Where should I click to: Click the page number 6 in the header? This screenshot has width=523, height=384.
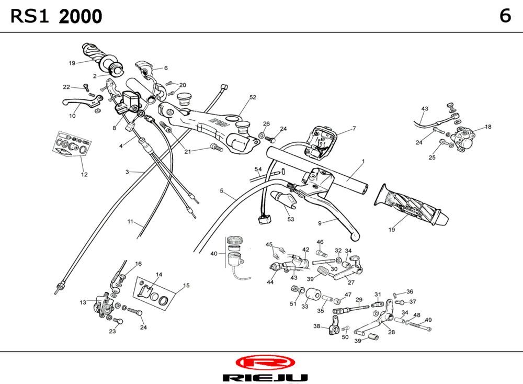[x=505, y=16]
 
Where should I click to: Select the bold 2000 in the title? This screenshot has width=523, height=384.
[x=81, y=17]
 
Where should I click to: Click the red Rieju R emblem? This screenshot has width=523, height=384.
[x=265, y=362]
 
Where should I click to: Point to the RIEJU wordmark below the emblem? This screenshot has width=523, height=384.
[x=265, y=377]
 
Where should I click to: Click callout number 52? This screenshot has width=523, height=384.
[x=253, y=97]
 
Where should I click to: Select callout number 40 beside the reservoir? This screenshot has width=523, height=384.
[x=213, y=254]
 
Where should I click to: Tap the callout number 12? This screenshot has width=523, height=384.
[x=84, y=174]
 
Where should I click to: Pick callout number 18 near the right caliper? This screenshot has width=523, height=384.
[x=488, y=127]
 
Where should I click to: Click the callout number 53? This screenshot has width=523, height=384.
[x=291, y=219]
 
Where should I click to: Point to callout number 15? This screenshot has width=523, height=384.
[x=186, y=286]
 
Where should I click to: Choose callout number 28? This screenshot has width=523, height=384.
[x=391, y=332]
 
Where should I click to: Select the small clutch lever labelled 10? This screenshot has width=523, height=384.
[x=78, y=103]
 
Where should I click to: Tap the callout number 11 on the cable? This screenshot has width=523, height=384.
[x=130, y=221]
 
